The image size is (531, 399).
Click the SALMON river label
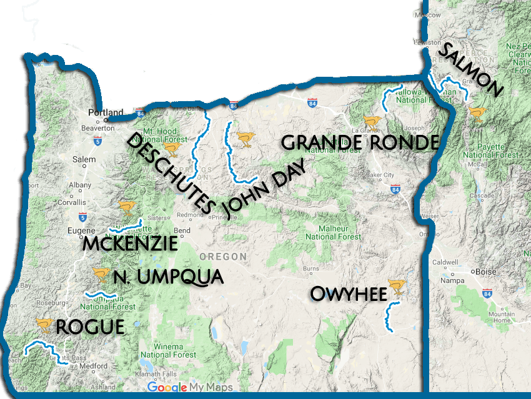[470, 70]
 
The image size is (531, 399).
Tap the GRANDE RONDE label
[359, 142]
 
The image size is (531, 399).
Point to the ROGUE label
[90, 327]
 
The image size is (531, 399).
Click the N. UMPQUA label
[168, 277]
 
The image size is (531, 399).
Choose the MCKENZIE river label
[130, 244]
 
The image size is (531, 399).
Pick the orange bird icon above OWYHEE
[396, 287]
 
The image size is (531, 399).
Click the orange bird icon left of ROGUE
[44, 323]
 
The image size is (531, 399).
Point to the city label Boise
[485, 272]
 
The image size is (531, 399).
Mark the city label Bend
[182, 230]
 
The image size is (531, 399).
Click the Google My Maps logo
[190, 388]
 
